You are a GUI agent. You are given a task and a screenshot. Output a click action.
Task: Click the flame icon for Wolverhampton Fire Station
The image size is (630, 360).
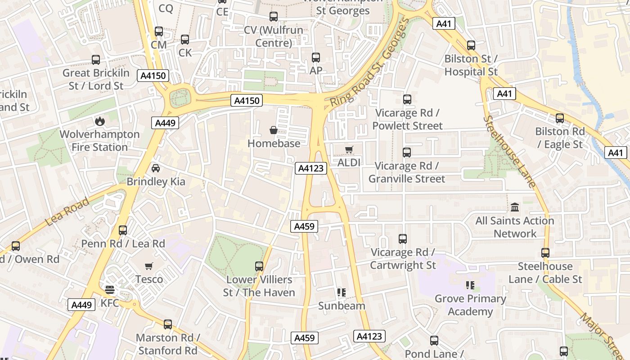pos(99,121)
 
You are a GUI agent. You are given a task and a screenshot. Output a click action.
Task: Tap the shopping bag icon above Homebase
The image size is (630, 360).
pos(273,130)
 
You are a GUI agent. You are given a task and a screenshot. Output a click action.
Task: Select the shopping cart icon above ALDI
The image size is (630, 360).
pos(349,149)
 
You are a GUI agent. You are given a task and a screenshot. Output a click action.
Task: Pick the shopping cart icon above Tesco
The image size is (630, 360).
pos(149,266)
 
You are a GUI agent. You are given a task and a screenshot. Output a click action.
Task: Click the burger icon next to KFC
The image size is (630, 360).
pos(110,289)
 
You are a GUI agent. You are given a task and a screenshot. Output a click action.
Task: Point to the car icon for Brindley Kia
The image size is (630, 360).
pos(156,168)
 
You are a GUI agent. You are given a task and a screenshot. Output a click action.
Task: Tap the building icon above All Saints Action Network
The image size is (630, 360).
pos(515,207)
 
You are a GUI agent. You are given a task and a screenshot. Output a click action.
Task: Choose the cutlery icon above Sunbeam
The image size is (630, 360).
pos(342,292)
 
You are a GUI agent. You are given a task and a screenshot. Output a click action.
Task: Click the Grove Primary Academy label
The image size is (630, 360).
pos(470,305)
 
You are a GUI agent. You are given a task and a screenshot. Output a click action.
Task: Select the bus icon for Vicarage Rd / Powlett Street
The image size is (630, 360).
pos(407,99)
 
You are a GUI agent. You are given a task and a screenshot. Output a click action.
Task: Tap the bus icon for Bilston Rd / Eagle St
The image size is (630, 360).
pos(560,118)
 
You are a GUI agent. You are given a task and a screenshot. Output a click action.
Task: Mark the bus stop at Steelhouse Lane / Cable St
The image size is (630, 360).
pos(545,253)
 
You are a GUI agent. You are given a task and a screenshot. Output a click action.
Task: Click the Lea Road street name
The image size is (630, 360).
pos(68,211)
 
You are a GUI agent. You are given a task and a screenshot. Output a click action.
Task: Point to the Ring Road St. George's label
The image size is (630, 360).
pos(369,63)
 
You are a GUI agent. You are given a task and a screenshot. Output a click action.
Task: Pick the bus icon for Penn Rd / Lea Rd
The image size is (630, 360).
pos(123,230)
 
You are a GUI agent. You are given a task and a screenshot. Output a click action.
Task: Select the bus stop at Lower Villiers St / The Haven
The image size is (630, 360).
pos(259,266)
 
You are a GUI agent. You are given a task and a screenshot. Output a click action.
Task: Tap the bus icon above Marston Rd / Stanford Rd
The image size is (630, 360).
pos(168,324)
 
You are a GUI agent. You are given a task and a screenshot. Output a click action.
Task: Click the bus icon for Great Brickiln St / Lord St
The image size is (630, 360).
pos(96,60)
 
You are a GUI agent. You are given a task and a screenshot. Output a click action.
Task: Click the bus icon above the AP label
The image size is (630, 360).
pos(316,58)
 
